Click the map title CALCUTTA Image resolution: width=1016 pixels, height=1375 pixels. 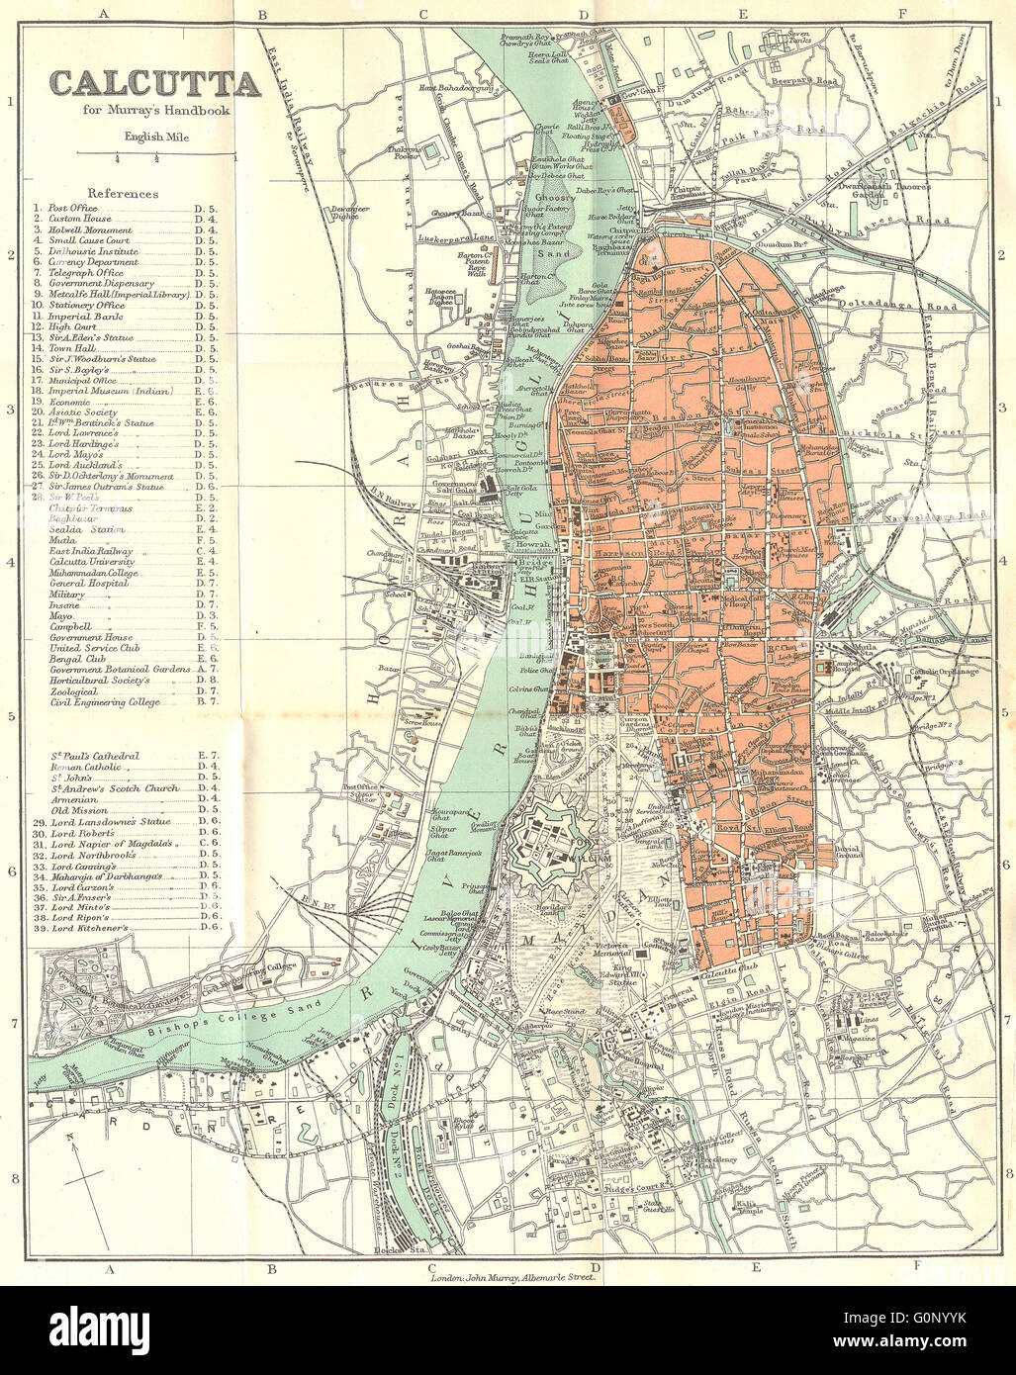(x=154, y=83)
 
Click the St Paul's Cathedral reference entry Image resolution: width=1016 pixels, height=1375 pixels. (x=95, y=756)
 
